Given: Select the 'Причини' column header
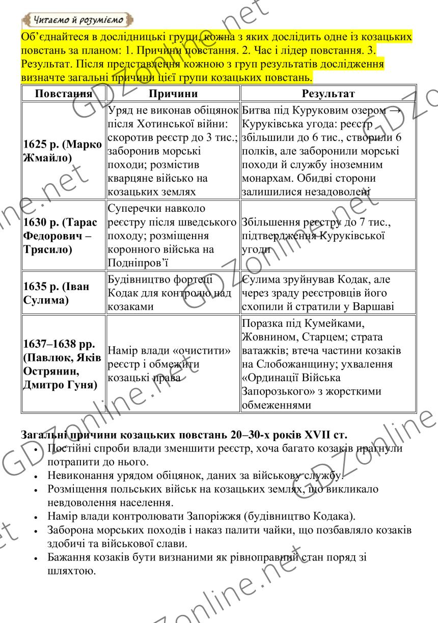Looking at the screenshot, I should (173, 94).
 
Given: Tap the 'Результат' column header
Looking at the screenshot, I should (328, 94).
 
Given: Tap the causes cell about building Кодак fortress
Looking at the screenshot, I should (173, 293).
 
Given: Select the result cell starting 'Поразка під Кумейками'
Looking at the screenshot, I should (328, 364).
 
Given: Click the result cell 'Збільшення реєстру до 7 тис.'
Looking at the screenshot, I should (328, 235).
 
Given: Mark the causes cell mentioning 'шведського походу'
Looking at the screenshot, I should (173, 235).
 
